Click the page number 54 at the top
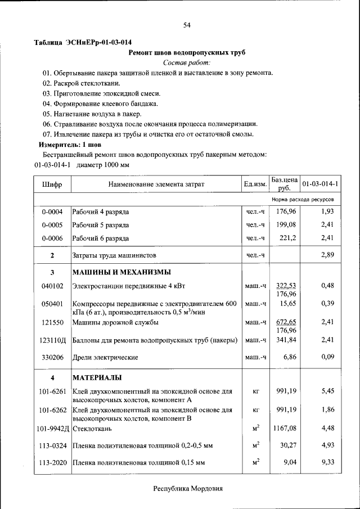188,24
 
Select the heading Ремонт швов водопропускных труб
187,52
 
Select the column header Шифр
52,184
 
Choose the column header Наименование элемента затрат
156,184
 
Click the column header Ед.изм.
255,184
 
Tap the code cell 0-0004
52,211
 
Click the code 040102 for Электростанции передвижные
52,286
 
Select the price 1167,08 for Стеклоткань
285,429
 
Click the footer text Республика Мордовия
188,489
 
